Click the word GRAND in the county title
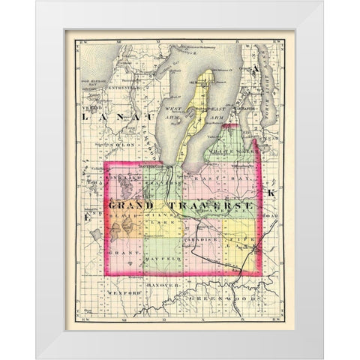pyautogui.click(x=132, y=204)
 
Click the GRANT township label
pyautogui.click(x=121, y=252)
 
